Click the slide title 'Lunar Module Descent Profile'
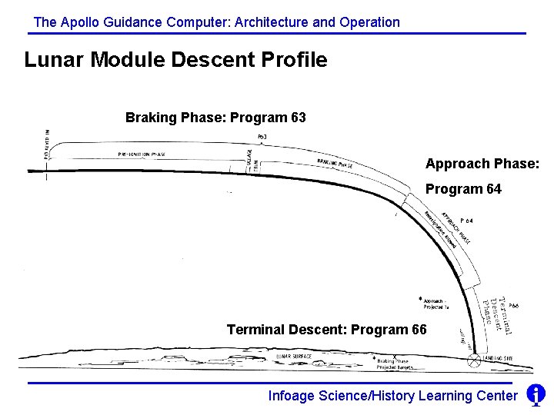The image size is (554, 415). [175, 60]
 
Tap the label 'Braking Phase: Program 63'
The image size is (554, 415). [215, 118]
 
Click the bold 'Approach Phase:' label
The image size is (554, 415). [482, 164]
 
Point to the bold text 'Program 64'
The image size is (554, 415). [463, 189]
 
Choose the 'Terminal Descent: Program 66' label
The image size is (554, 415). [326, 330]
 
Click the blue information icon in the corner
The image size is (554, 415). [536, 395]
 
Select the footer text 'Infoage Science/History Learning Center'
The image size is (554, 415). [392, 396]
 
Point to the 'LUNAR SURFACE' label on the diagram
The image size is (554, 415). [294, 357]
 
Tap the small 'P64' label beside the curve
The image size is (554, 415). [466, 221]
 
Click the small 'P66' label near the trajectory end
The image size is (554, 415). [514, 305]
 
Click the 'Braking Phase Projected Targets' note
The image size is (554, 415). [395, 364]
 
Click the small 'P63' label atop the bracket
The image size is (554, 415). [262, 137]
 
